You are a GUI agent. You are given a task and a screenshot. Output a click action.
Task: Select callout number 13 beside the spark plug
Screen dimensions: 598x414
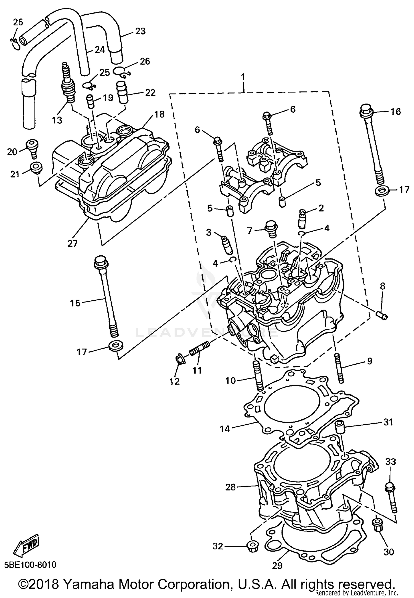57,120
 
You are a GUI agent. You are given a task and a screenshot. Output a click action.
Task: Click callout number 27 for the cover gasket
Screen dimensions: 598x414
72,243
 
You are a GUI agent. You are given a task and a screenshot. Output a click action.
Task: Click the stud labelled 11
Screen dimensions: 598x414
200,349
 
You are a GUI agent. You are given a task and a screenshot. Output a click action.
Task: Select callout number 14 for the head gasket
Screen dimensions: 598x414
225,429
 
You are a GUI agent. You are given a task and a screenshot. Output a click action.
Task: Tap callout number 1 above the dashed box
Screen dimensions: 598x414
243,77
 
